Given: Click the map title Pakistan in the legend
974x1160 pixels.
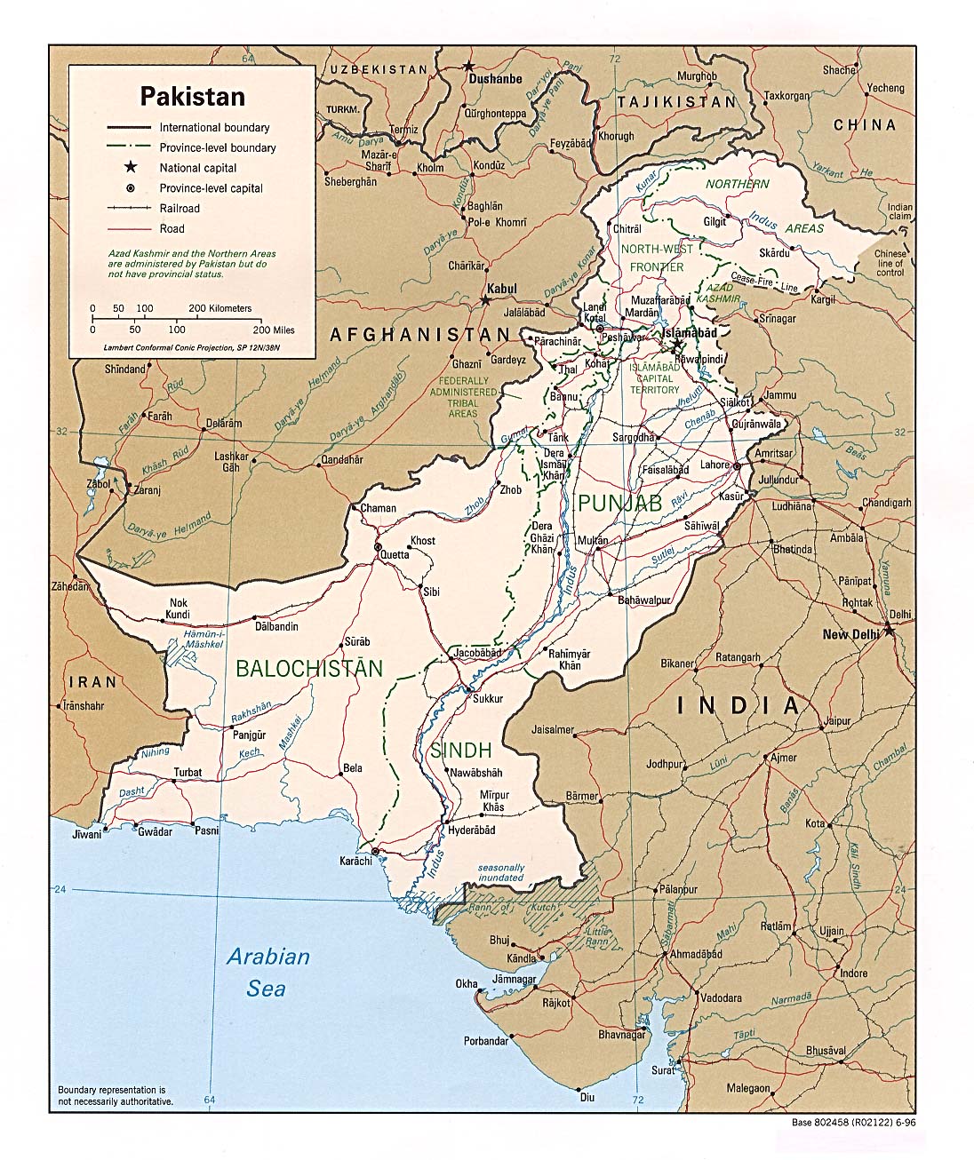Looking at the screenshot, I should (x=192, y=96).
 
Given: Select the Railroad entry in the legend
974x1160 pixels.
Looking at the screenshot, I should (x=180, y=209).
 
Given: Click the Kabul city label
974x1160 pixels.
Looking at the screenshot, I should (x=501, y=290).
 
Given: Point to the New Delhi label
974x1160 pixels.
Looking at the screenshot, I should (x=850, y=634).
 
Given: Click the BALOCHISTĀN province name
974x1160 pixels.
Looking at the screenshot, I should (x=309, y=669).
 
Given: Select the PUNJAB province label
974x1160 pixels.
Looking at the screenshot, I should (x=619, y=504).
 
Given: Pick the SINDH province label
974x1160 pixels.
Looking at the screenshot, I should (x=460, y=751).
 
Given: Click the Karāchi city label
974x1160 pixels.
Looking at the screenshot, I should (x=354, y=862).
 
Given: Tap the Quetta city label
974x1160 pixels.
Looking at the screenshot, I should (x=395, y=555).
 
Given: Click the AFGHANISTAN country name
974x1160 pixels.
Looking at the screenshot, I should (x=420, y=335).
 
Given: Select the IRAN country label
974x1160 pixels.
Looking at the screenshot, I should (x=92, y=682).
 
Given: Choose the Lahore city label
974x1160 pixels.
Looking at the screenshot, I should (x=714, y=465).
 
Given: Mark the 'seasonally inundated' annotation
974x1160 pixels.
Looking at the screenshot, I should (x=500, y=872).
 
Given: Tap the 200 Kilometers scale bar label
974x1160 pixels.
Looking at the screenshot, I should (x=220, y=308).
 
